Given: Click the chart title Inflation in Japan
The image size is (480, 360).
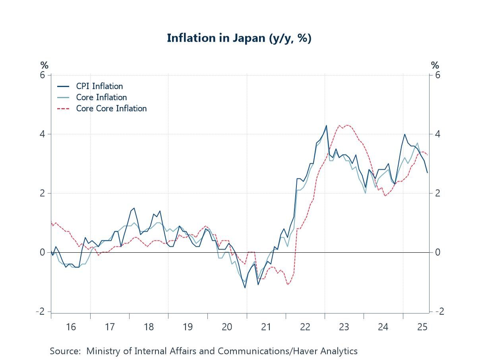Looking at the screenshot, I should [x=239, y=38].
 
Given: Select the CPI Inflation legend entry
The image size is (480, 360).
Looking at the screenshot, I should [x=99, y=86].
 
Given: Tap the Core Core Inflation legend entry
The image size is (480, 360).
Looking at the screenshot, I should [x=111, y=108].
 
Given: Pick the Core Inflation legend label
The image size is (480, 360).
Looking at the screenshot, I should [x=101, y=97].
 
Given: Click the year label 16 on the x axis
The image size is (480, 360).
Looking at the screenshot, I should [x=71, y=327].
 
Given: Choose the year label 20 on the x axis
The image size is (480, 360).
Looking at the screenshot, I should [x=227, y=327].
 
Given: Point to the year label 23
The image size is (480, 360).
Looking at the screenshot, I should [x=344, y=327].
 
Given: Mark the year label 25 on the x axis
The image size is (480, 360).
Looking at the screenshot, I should [x=422, y=327].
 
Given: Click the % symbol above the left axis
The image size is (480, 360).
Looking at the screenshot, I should [x=44, y=65].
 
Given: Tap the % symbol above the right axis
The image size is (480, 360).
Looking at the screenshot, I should [x=435, y=65].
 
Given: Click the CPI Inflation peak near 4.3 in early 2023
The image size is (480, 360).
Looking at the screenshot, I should [x=326, y=126].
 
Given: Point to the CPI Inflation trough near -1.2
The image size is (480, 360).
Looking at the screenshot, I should [x=245, y=288].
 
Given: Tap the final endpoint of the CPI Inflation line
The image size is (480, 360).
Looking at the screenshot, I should [x=427, y=172].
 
